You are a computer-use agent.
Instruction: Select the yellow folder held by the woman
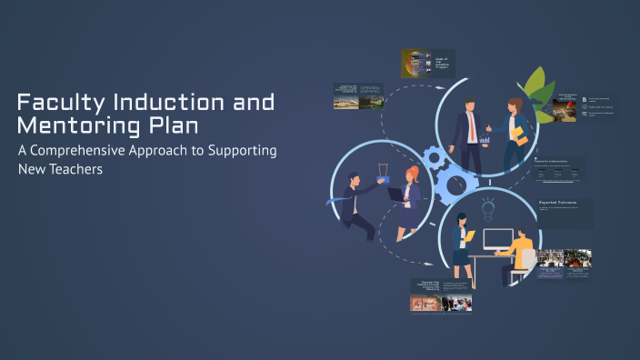click(517, 135)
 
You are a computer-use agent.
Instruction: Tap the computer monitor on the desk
click(497, 241)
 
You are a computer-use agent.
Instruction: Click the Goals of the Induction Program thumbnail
click(428, 63)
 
